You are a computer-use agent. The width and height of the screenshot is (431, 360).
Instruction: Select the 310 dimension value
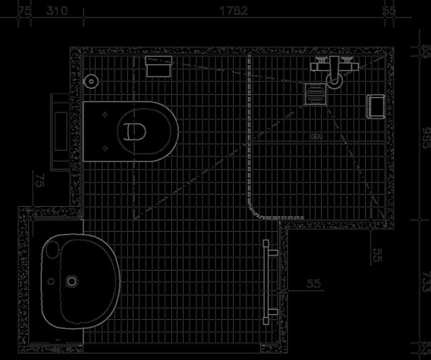pyautogui.click(x=58, y=11)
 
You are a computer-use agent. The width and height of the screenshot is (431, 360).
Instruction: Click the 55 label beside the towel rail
pyautogui.click(x=313, y=284)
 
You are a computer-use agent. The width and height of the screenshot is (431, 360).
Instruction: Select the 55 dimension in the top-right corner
pyautogui.click(x=389, y=11)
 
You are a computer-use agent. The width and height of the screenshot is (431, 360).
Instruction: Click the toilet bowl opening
pyautogui.click(x=134, y=130)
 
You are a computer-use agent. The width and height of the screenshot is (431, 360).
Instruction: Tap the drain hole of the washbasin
pyautogui.click(x=73, y=280)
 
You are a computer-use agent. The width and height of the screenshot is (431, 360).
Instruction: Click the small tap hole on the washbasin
pyautogui.click(x=49, y=281)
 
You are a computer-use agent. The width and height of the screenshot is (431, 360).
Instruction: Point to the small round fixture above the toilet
pyautogui.click(x=92, y=81)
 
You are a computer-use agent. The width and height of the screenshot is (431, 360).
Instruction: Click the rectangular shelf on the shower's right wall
pyautogui.click(x=375, y=106)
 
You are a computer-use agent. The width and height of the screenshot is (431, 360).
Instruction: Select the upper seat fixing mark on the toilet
pyautogui.click(x=104, y=116)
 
